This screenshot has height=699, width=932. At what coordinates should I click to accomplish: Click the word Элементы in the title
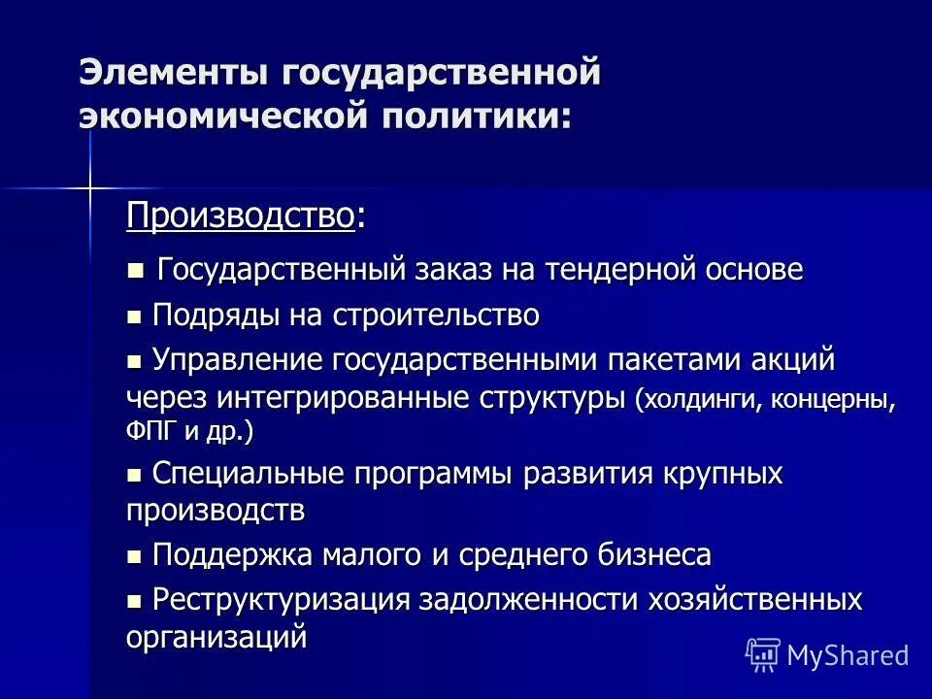173,73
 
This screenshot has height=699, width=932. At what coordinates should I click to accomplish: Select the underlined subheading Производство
239,216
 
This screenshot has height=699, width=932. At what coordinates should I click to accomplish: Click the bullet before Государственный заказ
135,269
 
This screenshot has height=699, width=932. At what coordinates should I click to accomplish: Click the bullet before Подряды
135,316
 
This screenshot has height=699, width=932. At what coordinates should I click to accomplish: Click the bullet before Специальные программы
135,476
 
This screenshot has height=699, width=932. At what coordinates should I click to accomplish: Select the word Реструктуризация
282,600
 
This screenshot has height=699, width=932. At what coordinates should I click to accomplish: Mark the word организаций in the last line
216,638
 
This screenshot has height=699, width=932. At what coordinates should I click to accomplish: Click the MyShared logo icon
762,654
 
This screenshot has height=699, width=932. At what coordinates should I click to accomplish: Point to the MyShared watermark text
848,655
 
